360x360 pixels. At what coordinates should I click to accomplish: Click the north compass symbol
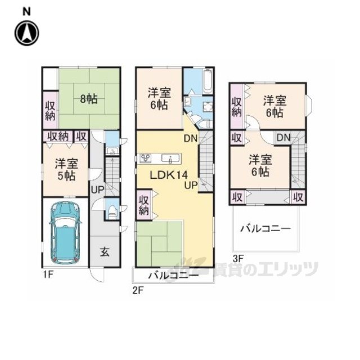click(x=26, y=33)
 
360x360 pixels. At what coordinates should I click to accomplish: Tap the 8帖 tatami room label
click(x=89, y=100)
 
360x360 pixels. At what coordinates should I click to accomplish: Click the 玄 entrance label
click(x=105, y=253)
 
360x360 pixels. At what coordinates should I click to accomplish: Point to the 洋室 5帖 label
click(x=66, y=170)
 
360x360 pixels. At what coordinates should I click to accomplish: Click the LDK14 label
click(x=169, y=175)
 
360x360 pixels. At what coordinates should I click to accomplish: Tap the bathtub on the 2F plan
click(x=208, y=81)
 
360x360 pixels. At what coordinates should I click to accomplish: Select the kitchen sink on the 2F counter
click(x=170, y=159)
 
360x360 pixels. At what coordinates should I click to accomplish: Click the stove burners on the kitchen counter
click(x=145, y=158)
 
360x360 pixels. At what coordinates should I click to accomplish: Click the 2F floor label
click(x=138, y=291)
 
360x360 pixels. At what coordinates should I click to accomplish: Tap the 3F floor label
click(x=238, y=259)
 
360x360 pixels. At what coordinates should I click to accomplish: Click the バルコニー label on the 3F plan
click(x=265, y=229)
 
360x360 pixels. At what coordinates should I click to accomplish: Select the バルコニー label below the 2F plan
click(x=173, y=275)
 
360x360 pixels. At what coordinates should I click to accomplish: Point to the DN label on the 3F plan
click(x=283, y=137)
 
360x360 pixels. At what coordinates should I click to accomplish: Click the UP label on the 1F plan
click(x=97, y=190)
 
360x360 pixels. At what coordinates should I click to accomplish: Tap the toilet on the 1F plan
click(x=112, y=211)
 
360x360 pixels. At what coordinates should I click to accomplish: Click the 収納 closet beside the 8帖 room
click(x=50, y=111)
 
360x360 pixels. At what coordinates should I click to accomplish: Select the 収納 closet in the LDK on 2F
click(x=144, y=205)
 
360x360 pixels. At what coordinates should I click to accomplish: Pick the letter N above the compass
click(x=26, y=12)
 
